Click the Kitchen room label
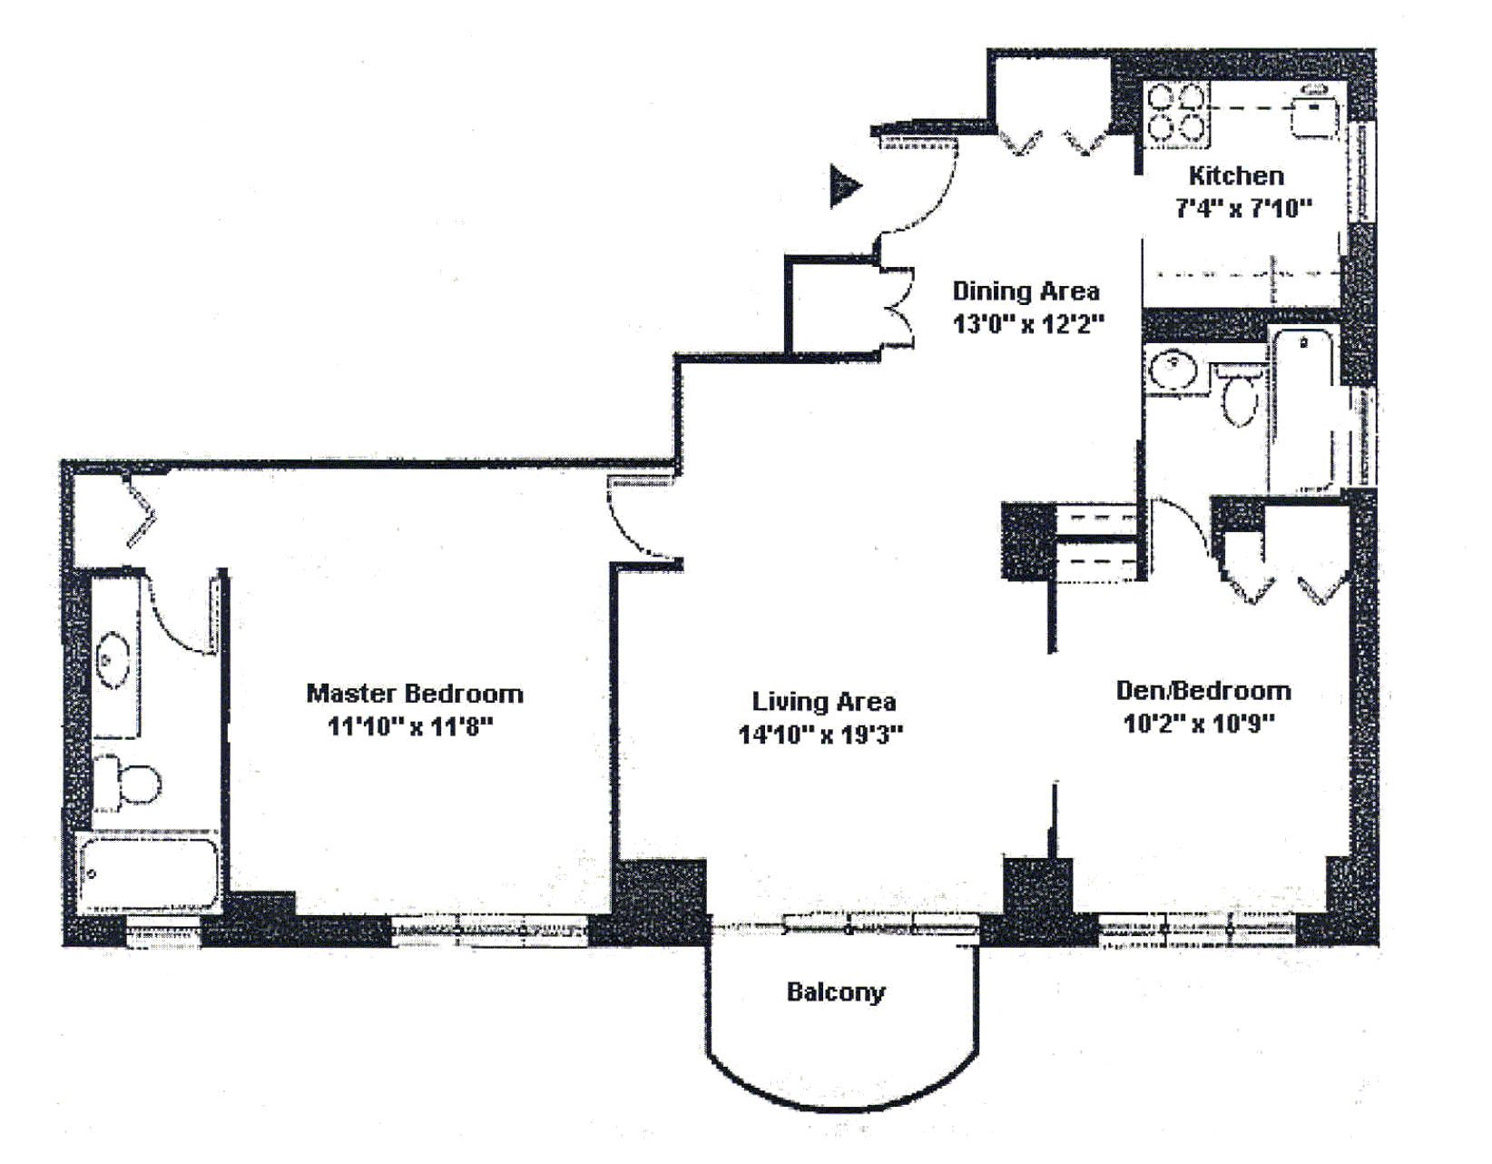pyautogui.click(x=1236, y=175)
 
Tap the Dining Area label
pyautogui.click(x=1026, y=291)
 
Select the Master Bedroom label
pyautogui.click(x=415, y=694)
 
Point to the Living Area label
pyautogui.click(x=823, y=702)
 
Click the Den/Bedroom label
pyautogui.click(x=1202, y=691)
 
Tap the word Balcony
pyautogui.click(x=835, y=992)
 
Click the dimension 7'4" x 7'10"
pyautogui.click(x=1242, y=209)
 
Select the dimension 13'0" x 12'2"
pyautogui.click(x=1027, y=324)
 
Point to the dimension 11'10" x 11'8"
pyautogui.click(x=410, y=726)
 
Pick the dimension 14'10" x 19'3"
pyautogui.click(x=820, y=735)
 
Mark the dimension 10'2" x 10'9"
pyautogui.click(x=1198, y=724)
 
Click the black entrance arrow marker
pyautogui.click(x=843, y=186)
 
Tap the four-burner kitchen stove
pyautogui.click(x=1176, y=113)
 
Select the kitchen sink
pyautogui.click(x=1314, y=114)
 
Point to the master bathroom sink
pyautogui.click(x=113, y=659)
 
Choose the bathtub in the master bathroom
pyautogui.click(x=148, y=873)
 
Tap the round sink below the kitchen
pyautogui.click(x=1174, y=370)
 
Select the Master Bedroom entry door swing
pyautogui.click(x=640, y=519)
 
